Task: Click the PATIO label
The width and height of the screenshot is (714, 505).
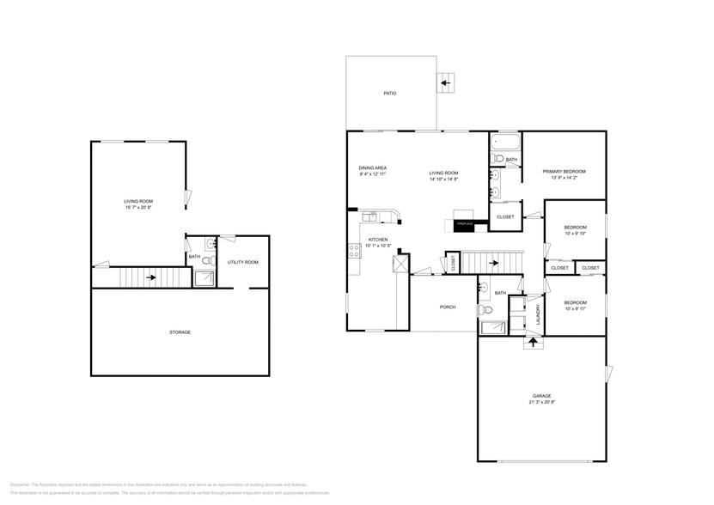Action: click(x=389, y=93)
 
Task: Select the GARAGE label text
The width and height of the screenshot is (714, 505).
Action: click(x=541, y=396)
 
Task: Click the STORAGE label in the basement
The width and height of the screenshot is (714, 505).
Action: click(x=179, y=332)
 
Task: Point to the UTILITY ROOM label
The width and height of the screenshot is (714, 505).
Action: click(x=242, y=262)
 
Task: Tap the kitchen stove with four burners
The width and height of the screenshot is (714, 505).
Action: click(x=353, y=251)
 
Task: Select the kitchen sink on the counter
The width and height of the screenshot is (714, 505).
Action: click(x=371, y=216)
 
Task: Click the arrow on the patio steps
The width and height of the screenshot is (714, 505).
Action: click(x=445, y=82)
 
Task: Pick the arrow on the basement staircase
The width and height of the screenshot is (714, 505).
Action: click(x=150, y=277)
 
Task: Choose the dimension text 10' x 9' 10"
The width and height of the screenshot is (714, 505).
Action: click(x=575, y=233)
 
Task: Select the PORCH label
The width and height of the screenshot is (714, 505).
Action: click(x=447, y=307)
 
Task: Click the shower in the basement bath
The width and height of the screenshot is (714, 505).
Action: click(x=205, y=277)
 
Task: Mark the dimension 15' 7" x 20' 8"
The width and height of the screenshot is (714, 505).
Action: click(x=138, y=207)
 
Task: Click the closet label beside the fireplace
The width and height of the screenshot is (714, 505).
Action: click(x=505, y=216)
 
